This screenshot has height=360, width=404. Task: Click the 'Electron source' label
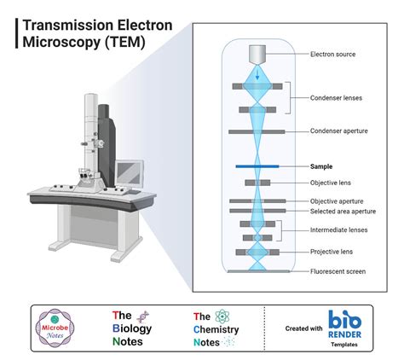[x=333, y=55]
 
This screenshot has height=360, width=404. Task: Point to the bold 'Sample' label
[x=321, y=166]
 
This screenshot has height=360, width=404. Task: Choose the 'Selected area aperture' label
[x=343, y=211]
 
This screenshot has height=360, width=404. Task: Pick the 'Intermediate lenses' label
[x=338, y=231]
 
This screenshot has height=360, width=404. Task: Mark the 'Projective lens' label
[x=332, y=253]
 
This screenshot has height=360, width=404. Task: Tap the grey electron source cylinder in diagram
[x=257, y=53]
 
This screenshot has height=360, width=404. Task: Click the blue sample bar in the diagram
[x=257, y=166]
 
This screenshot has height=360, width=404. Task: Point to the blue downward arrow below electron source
[x=257, y=72]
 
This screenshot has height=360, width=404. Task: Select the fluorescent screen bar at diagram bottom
[x=257, y=271]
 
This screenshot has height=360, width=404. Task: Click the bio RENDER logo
[x=345, y=327]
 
